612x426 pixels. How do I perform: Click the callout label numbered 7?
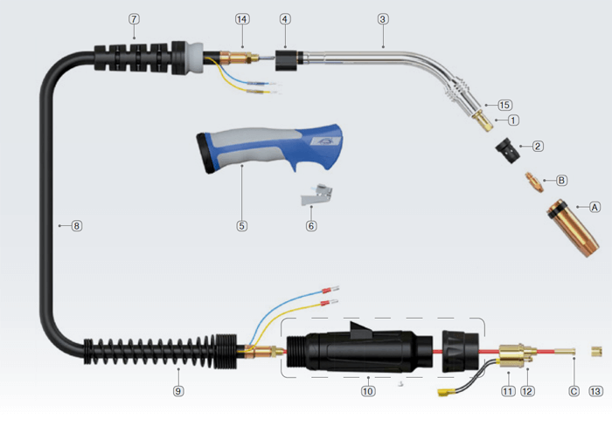(x=134, y=19)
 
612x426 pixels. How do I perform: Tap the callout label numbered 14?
(x=242, y=19)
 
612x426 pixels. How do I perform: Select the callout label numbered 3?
(x=383, y=19)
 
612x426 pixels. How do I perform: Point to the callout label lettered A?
(x=594, y=207)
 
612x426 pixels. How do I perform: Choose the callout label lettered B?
(x=561, y=181)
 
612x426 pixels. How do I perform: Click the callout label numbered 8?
(x=76, y=226)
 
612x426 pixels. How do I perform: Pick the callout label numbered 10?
(x=367, y=391)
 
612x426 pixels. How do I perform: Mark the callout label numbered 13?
(x=595, y=391)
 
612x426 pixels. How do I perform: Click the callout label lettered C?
(x=574, y=391)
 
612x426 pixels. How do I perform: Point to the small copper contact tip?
(x=532, y=181)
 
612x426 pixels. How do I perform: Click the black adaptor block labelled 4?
(x=286, y=60)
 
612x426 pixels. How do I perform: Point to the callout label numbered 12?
(x=527, y=391)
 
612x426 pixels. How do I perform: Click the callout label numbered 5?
(x=242, y=226)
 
